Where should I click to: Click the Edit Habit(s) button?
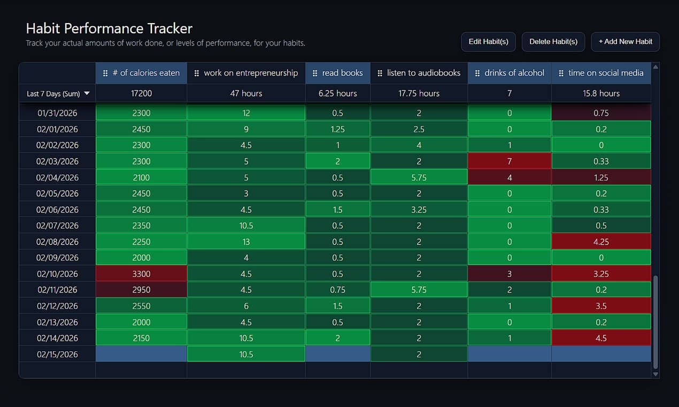(x=488, y=42)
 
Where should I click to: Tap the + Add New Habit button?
(x=625, y=42)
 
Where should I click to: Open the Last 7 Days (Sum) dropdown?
(x=58, y=94)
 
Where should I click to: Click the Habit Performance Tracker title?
(x=109, y=28)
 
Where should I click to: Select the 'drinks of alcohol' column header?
(x=509, y=73)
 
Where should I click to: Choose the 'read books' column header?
(x=337, y=73)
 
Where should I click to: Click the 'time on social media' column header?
(x=601, y=73)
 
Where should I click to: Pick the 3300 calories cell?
(x=141, y=274)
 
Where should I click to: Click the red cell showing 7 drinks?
(x=509, y=161)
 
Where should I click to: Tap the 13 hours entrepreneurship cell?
(x=246, y=242)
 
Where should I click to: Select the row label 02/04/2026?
(x=57, y=177)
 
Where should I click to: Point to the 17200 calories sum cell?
(x=141, y=93)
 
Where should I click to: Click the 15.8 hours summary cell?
(x=601, y=93)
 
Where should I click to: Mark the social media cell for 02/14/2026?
(x=601, y=338)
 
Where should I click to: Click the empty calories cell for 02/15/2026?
(x=141, y=354)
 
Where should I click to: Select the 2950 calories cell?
(x=141, y=290)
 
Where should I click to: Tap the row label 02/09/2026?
(x=57, y=258)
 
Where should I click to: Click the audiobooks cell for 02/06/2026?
(x=419, y=209)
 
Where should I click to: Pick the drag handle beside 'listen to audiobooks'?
(x=380, y=73)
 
